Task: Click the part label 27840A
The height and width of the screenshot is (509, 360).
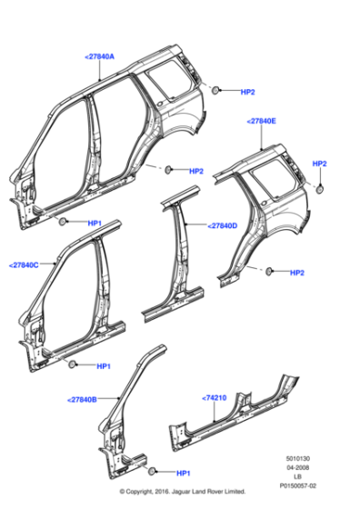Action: pyautogui.click(x=99, y=56)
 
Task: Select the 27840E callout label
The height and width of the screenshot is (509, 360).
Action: pyautogui.click(x=262, y=120)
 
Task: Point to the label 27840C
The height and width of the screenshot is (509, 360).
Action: pyautogui.click(x=24, y=264)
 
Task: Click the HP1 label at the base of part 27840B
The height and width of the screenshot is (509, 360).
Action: pyautogui.click(x=183, y=473)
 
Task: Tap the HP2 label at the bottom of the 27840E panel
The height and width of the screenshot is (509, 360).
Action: pyautogui.click(x=296, y=272)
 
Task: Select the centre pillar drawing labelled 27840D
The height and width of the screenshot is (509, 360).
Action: pyautogui.click(x=177, y=264)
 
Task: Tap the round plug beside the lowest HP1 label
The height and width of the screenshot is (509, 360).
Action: pyautogui.click(x=153, y=472)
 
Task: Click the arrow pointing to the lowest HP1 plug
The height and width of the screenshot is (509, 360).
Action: pyautogui.click(x=165, y=473)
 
